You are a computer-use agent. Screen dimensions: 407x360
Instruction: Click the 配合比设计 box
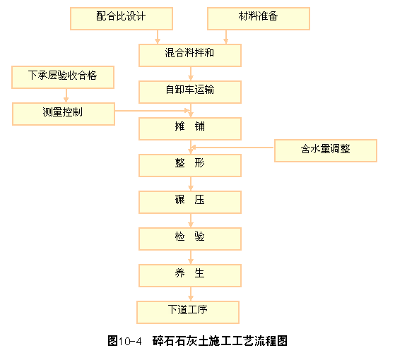(x=122, y=18)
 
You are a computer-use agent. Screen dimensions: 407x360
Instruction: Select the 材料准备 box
(x=259, y=18)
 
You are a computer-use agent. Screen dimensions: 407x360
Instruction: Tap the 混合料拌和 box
(x=190, y=55)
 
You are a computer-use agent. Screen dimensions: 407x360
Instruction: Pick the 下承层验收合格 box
(x=63, y=77)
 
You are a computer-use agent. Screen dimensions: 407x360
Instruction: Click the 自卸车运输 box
(x=190, y=92)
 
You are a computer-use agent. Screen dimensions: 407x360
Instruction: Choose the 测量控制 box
(x=64, y=114)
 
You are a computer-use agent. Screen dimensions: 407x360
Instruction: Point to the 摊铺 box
(x=190, y=129)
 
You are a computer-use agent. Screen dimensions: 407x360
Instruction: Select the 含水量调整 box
(x=326, y=150)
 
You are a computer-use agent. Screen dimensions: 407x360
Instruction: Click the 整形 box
(x=190, y=165)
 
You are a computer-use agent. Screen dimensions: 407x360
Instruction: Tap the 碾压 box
(x=190, y=203)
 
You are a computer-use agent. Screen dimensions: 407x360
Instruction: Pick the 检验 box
(x=190, y=239)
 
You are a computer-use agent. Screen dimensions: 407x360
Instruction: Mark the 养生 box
(x=190, y=276)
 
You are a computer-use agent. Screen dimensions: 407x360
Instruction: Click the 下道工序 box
(x=188, y=312)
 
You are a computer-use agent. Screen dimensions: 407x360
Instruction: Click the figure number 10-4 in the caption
(x=130, y=341)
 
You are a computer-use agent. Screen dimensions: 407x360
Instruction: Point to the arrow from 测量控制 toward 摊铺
(x=153, y=111)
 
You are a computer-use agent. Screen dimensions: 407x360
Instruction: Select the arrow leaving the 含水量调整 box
(x=232, y=148)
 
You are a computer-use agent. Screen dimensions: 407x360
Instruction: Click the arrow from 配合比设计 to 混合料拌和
(x=158, y=37)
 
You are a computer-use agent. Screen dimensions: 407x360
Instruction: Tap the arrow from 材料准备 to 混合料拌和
(x=226, y=37)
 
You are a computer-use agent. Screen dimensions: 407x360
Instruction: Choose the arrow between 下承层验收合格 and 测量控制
(x=66, y=95)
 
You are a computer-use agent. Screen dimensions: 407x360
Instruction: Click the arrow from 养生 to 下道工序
(x=191, y=294)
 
